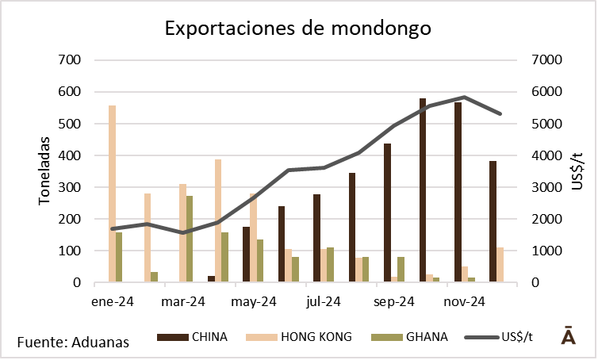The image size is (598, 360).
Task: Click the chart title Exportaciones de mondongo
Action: (x=298, y=29)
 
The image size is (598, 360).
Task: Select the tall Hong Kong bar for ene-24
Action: (x=112, y=193)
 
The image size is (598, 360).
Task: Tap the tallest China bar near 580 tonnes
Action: (x=423, y=190)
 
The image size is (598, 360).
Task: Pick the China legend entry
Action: (x=194, y=337)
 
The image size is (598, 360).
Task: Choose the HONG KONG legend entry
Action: (x=305, y=337)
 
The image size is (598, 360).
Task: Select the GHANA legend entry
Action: (x=409, y=337)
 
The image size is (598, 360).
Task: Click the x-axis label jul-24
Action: (x=323, y=301)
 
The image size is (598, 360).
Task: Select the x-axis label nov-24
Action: (x=464, y=301)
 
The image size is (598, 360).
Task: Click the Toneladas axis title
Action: (x=44, y=170)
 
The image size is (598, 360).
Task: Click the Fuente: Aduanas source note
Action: (x=73, y=342)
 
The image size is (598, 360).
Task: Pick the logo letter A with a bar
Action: (x=568, y=335)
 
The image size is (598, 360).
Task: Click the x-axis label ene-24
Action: (x=113, y=301)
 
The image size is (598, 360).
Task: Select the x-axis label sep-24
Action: (x=394, y=301)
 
